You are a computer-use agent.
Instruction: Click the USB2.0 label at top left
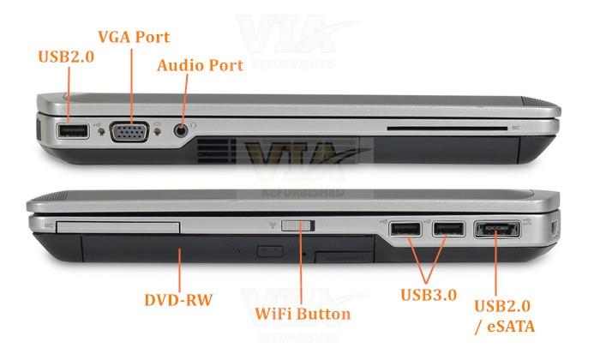pos(66,57)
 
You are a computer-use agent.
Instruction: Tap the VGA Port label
pos(134,37)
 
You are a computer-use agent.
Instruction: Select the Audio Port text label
pos(200,65)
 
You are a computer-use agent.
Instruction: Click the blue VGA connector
pos(129,132)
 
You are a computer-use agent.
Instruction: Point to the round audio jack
pos(181,130)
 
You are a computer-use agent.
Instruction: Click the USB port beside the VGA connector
pos(73,131)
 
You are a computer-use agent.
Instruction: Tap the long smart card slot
pos(447,129)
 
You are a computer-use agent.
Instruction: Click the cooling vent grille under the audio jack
pos(216,151)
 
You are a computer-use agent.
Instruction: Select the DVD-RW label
pos(178,300)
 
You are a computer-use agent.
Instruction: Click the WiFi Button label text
pos(303,314)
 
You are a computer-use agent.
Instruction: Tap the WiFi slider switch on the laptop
pos(298,225)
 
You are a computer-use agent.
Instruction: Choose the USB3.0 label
pos(429,295)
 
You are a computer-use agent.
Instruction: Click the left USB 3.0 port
pos(405,229)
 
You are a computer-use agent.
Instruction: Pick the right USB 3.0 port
pos(448,229)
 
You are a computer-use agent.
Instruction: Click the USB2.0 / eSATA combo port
pos(497,230)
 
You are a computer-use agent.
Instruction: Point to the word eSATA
pos(511,327)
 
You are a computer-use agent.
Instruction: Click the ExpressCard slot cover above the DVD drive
pos(118,227)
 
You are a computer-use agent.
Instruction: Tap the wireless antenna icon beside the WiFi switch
pos(273,225)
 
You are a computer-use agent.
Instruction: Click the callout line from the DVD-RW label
pos(179,270)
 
